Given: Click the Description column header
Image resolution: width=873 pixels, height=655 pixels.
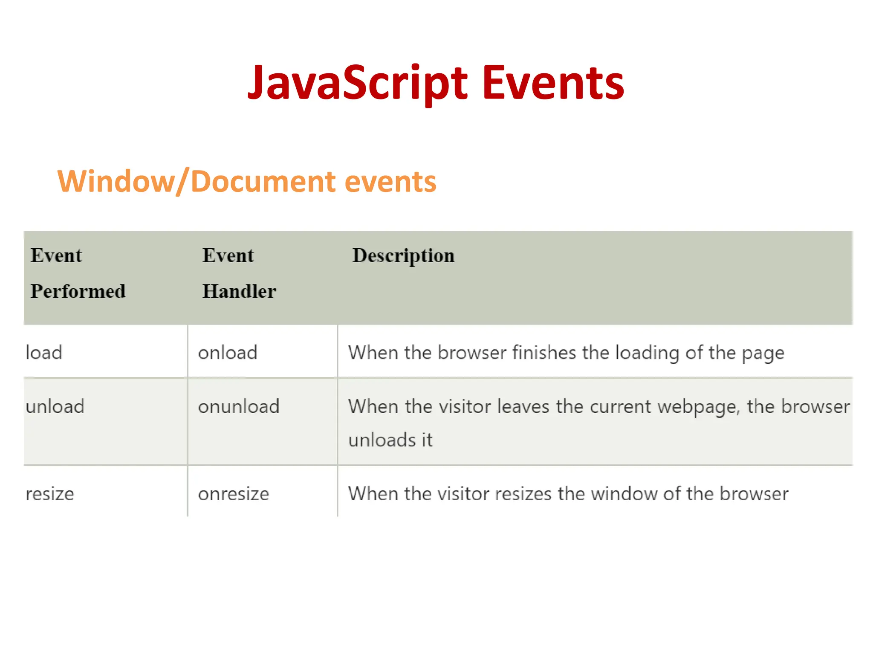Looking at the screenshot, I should point(403,256).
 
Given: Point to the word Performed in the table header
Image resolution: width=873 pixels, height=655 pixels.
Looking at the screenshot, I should point(78,292).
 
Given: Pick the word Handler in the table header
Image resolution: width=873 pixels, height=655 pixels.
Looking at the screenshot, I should point(239,292).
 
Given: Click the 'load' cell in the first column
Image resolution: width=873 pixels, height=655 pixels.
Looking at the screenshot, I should point(44,353).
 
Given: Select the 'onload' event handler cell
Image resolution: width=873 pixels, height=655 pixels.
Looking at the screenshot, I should point(228,353).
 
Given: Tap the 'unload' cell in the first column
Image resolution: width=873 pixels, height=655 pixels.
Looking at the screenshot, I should point(55,406).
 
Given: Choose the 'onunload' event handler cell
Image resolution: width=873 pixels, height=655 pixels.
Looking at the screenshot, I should point(239,406).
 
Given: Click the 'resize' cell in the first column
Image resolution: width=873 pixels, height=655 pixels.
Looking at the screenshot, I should point(50,494).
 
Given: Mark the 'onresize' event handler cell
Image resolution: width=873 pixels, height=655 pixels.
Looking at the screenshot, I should point(234,494).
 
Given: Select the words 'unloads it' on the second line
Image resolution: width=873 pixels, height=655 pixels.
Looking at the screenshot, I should point(390,440).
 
